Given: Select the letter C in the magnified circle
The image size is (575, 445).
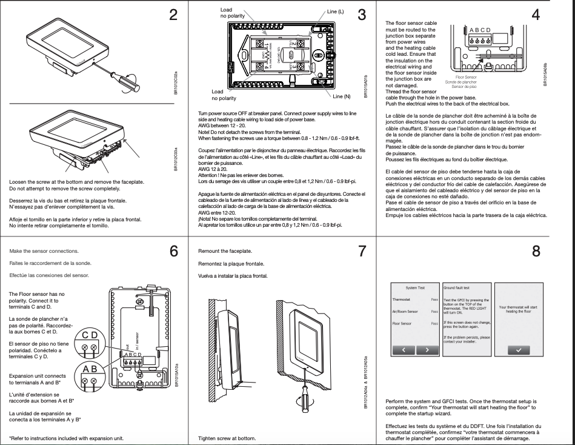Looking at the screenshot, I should tap(85, 336).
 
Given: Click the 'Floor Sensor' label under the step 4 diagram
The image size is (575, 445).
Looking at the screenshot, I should tap(467, 78).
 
